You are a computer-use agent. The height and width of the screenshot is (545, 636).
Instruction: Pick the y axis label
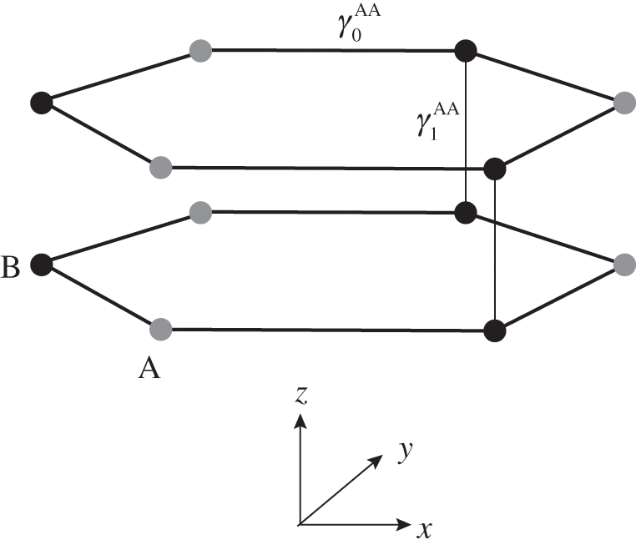[406, 452]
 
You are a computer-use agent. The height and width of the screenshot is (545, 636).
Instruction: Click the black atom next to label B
[40, 265]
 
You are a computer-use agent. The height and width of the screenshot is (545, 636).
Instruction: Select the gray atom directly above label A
[161, 328]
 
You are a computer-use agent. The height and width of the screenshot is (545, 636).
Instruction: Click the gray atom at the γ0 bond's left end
[201, 50]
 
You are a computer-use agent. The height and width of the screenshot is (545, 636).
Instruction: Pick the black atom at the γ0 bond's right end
[465, 51]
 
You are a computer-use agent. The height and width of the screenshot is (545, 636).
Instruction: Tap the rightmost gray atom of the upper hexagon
[624, 103]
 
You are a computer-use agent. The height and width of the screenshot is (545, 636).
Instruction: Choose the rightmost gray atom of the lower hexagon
[624, 265]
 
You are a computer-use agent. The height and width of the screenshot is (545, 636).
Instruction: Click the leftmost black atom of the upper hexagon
[40, 103]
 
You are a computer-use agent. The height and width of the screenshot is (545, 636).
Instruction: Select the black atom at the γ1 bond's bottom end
[465, 212]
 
